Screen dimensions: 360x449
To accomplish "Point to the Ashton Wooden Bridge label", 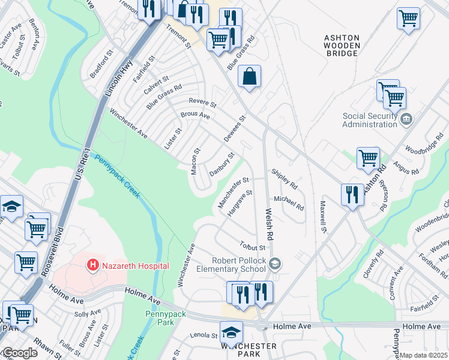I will pos(342,45).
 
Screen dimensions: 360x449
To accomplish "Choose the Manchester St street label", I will pos(234,193).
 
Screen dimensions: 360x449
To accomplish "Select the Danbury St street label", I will pos(221,164).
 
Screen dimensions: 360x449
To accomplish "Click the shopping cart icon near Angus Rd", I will pos(368,158).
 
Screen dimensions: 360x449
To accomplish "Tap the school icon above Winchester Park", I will pos(231,332).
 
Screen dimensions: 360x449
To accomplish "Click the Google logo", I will pos(19,353).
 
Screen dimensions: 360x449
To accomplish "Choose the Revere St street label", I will pos(202,103).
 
